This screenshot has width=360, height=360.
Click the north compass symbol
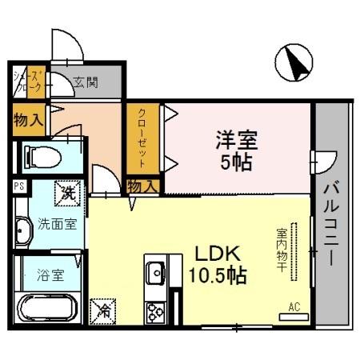pos(295,62)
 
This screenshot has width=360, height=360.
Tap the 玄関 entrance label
pos(86,81)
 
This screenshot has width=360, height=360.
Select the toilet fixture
pos(40,156)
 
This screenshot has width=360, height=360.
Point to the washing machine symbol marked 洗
pos(68,193)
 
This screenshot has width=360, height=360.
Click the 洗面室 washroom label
pos(58,224)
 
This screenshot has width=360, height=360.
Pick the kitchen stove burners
pos(154,311)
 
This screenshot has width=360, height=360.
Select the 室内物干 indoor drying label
pos(282,250)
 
